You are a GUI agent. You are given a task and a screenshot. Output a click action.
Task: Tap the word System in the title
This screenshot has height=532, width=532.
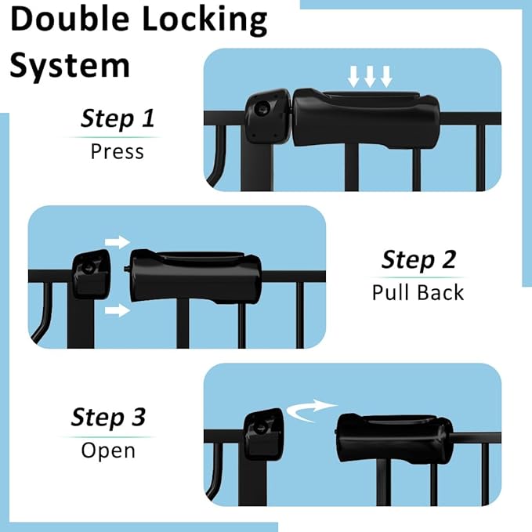pos(69,66)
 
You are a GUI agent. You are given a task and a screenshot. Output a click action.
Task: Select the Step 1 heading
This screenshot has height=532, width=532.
pos(118,119)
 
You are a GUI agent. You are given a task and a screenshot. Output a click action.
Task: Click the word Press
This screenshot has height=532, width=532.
pos(118,150)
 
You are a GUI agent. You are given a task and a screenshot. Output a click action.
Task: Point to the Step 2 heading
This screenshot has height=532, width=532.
pos(418,259)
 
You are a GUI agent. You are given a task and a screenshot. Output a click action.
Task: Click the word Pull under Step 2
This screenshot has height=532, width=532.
pos(391,292)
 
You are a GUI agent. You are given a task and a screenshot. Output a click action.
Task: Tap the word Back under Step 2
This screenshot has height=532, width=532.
pos(440,292)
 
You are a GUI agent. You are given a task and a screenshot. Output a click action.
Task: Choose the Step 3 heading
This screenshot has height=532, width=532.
pos(108,417)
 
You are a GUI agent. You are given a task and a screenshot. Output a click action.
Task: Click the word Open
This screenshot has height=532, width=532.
pos(108,451)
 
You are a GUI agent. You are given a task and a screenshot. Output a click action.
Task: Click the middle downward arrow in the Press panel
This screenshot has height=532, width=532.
pos(370,76)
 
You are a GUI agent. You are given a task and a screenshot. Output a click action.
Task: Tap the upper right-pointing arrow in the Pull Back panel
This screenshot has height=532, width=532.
pos(116,241)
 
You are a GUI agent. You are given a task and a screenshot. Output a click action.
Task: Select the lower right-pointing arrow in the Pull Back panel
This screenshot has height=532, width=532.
pos(116,311)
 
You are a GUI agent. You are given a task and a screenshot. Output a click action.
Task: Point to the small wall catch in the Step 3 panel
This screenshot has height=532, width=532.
pos(264,436)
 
